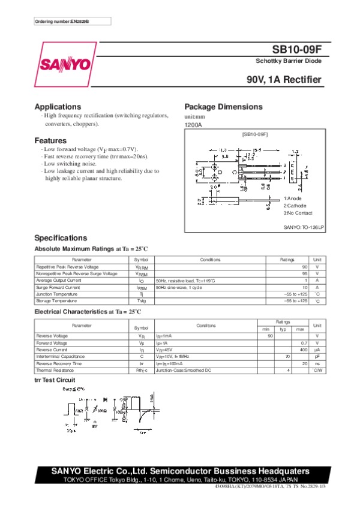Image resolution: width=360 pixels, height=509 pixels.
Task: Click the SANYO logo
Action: click(65, 64)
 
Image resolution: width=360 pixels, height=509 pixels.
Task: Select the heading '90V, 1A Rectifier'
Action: click(284, 80)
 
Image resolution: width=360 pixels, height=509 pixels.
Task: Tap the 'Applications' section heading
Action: click(58, 107)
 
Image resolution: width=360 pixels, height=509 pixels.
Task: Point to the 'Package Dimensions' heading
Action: click(223, 107)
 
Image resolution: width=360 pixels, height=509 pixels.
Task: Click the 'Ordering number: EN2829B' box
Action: click(64, 22)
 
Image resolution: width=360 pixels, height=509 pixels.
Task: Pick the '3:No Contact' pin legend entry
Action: click(298, 213)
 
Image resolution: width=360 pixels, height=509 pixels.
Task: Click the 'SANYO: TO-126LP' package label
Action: click(304, 227)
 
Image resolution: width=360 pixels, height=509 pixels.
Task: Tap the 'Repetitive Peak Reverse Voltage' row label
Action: click(67, 266)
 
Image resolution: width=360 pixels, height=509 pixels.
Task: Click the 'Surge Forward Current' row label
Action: click(58, 287)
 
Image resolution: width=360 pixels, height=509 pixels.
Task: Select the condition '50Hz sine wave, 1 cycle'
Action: click(179, 287)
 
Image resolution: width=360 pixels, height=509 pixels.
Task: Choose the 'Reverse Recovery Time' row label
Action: click(59, 363)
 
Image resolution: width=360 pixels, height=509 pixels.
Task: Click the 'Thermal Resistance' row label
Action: click(56, 371)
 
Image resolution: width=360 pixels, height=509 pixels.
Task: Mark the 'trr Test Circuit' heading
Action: click(55, 380)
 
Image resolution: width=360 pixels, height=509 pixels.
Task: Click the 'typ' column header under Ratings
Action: click(283, 329)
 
